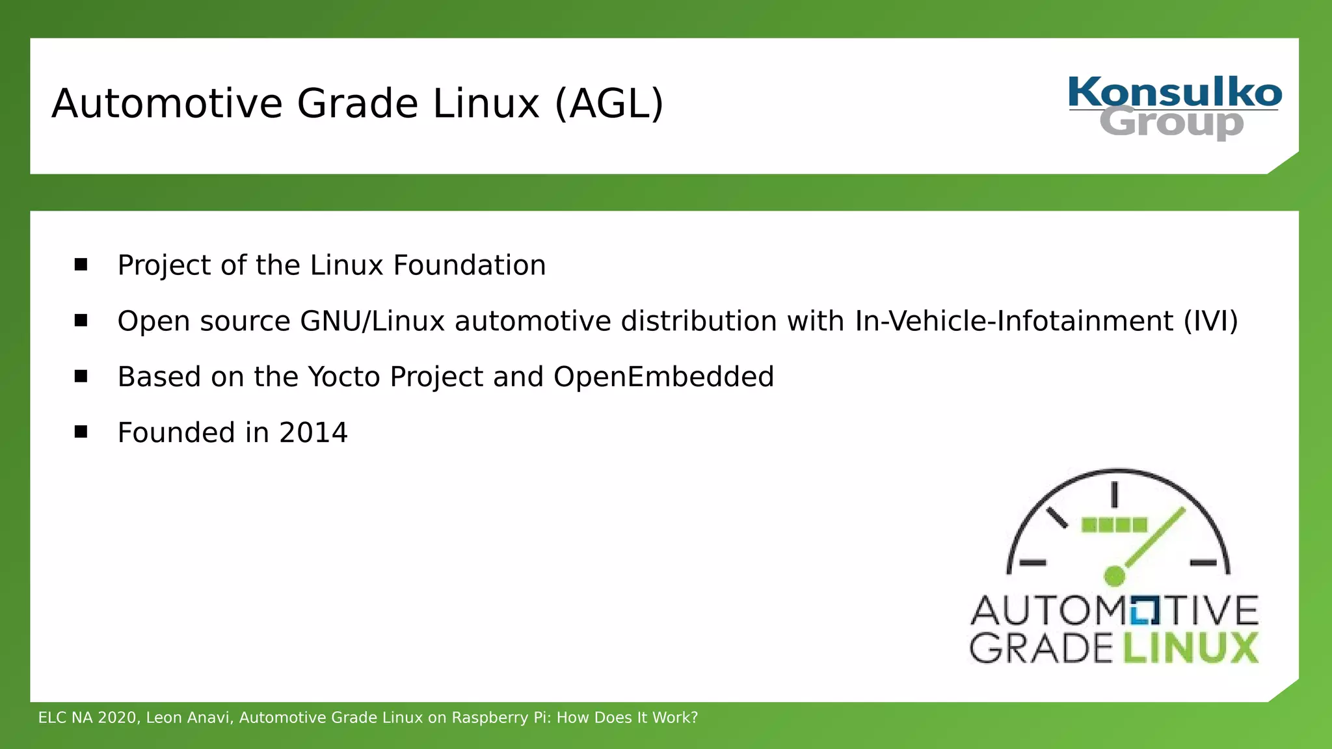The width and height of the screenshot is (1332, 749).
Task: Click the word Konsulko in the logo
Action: point(1175,92)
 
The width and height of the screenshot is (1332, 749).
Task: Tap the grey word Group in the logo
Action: point(1171,123)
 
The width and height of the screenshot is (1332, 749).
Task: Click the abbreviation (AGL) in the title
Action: point(609,103)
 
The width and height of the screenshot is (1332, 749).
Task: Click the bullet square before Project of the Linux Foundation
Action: point(81,264)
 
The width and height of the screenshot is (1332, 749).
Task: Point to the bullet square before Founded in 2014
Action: point(81,432)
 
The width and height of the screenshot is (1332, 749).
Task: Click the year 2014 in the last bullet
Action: point(313,432)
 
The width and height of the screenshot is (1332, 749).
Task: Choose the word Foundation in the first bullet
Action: point(469,265)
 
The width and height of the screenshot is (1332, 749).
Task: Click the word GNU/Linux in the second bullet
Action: point(372,321)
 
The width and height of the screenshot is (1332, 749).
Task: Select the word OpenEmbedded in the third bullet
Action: point(663,377)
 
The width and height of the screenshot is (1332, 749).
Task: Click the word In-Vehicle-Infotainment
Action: point(1014,321)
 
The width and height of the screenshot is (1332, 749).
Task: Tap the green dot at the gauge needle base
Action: point(1114,575)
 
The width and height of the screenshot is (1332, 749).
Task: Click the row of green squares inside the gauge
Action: point(1114,525)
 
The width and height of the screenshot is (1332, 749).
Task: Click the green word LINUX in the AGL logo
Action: point(1190,648)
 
